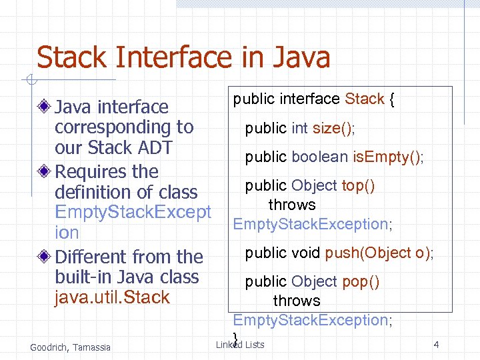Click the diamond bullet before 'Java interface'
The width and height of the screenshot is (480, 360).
pos(45,107)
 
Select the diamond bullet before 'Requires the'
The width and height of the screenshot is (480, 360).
pos(45,171)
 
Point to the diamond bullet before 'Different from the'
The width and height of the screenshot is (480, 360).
pos(45,257)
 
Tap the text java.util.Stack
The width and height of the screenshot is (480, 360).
pos(112,297)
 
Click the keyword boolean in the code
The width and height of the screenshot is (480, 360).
pos(319,157)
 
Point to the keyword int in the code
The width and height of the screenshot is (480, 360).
pos(299,128)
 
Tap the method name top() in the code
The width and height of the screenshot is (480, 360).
pos(358,186)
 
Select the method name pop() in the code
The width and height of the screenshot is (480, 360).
pos(361,282)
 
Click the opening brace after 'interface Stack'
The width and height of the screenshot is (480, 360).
pos(393,99)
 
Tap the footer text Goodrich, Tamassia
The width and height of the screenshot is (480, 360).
pos(71,347)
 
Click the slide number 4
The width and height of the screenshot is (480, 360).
pos(436,345)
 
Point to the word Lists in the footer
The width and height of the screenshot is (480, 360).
pos(255,345)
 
